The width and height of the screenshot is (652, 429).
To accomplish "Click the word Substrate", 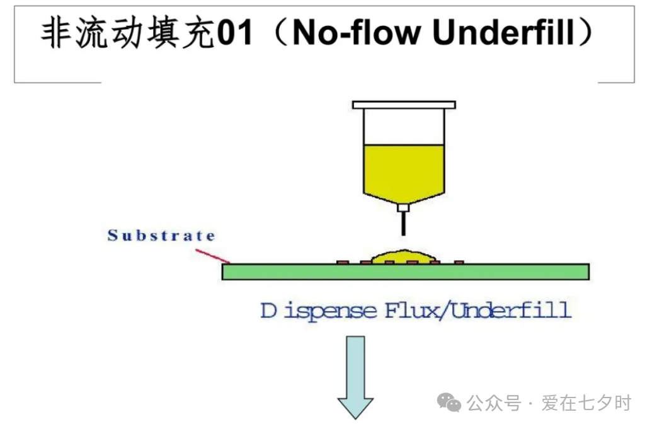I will tap(161, 236).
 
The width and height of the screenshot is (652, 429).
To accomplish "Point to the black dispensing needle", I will tap(403, 222).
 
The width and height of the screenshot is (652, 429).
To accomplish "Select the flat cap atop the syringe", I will tap(404, 105).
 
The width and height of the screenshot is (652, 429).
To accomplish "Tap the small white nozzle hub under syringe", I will tap(403, 206).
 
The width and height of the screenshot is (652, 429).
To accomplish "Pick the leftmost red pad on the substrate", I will tap(342, 261).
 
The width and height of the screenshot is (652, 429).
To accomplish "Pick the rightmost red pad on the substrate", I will tap(459, 261).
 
